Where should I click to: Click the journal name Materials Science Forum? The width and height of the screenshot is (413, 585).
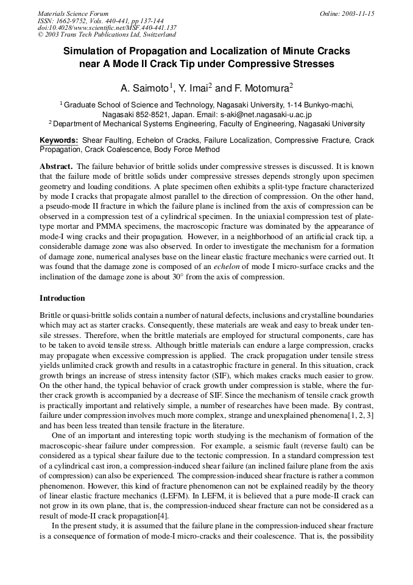[73, 13]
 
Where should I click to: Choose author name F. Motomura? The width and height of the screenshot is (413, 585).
[261, 88]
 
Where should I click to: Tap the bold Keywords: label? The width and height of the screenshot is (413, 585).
[59, 140]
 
